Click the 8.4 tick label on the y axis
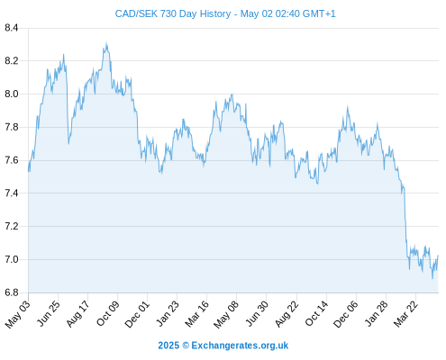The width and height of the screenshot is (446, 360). click(x=12, y=28)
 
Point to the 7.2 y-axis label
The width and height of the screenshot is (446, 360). click(x=12, y=226)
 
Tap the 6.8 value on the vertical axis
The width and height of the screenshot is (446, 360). click(x=12, y=292)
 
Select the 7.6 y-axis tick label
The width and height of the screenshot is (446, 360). click(x=12, y=160)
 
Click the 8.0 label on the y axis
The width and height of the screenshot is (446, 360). click(x=12, y=94)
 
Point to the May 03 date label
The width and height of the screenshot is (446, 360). click(x=18, y=314)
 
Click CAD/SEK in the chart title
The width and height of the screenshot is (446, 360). click(x=136, y=13)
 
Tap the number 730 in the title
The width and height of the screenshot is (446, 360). click(x=168, y=13)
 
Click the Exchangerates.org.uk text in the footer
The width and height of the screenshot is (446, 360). click(x=240, y=346)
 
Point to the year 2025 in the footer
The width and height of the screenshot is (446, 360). click(x=168, y=346)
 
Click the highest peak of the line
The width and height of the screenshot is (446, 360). click(x=106, y=42)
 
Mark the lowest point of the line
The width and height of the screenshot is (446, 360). click(x=432, y=278)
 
